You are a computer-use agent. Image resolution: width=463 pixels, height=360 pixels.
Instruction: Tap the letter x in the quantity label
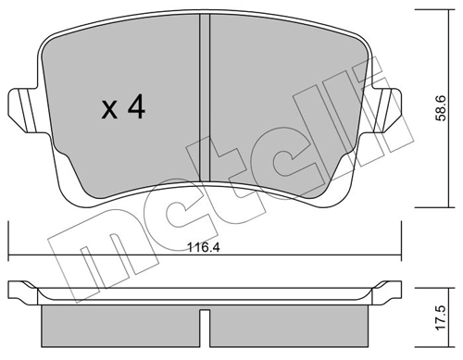(107, 111)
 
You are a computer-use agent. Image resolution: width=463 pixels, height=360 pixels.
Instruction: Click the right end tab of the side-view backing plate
(393, 292)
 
